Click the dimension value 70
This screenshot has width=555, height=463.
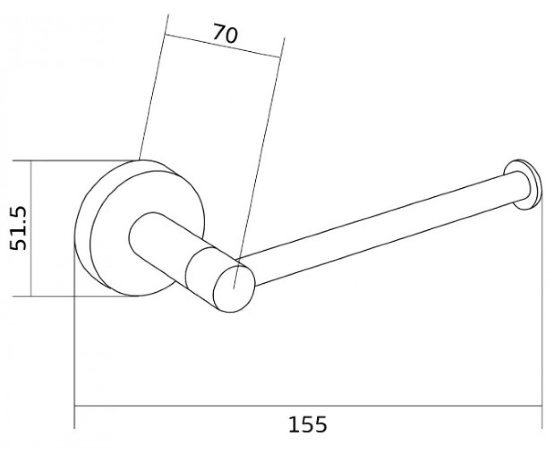[x=225, y=34]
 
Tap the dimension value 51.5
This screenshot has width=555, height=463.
[x=18, y=228]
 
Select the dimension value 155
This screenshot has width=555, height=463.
[x=308, y=425]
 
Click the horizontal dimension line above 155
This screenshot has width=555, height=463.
[x=308, y=406]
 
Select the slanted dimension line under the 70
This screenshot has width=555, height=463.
[x=222, y=46]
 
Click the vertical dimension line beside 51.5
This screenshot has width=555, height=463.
[x=31, y=228]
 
